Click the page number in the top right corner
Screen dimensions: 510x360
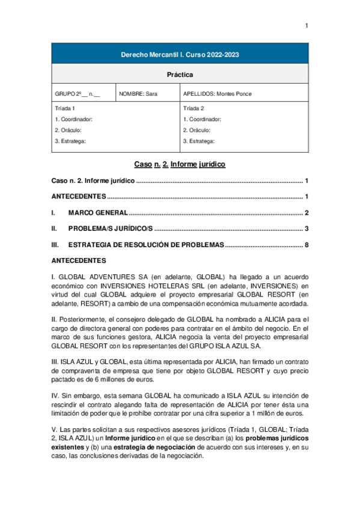[307, 25]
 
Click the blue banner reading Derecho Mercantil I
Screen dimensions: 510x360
[180, 54]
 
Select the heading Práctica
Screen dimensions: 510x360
[180, 75]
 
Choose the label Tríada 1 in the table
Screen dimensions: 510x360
[65, 109]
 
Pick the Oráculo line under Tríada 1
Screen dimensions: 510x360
[68, 130]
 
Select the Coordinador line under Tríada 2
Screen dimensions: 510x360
[202, 119]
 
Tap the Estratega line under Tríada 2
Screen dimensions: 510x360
[199, 141]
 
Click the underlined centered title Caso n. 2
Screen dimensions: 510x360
[180, 164]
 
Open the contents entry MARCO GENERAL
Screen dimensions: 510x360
[98, 213]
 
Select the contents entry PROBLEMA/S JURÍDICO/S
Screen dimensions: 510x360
[111, 229]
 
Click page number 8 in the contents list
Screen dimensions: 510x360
[307, 245]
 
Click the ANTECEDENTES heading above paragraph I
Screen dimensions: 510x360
[79, 261]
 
